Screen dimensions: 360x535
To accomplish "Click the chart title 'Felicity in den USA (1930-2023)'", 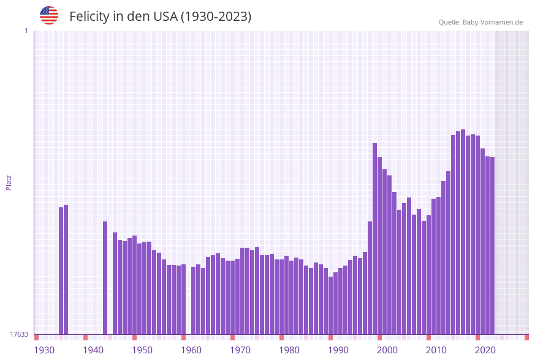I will tap(160, 17).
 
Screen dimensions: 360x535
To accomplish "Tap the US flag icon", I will tap(49, 15).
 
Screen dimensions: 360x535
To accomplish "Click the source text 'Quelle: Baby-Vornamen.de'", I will tap(480, 22).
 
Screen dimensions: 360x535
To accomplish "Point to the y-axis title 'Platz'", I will tap(9, 182).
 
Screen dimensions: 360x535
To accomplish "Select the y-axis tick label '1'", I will tap(26, 31).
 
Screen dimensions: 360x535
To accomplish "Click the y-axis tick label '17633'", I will tap(19, 334).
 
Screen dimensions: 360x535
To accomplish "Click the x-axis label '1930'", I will tap(44, 350).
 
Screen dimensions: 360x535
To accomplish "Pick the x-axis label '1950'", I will tap(142, 350).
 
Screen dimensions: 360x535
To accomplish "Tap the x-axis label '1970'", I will tap(240, 350).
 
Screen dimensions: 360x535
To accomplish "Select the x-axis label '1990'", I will tap(338, 350).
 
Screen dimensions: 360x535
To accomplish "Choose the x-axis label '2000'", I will tap(387, 350).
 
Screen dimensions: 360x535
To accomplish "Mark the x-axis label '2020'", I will tap(485, 350).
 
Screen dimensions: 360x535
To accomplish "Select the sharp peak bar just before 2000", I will tap(374, 239).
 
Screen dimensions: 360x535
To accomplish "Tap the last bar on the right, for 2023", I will tap(492, 245).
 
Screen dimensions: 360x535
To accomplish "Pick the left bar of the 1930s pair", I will tap(61, 270).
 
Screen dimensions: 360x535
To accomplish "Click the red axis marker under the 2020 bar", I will tap(477, 337).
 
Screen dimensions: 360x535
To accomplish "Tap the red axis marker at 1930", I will tap(36, 337).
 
